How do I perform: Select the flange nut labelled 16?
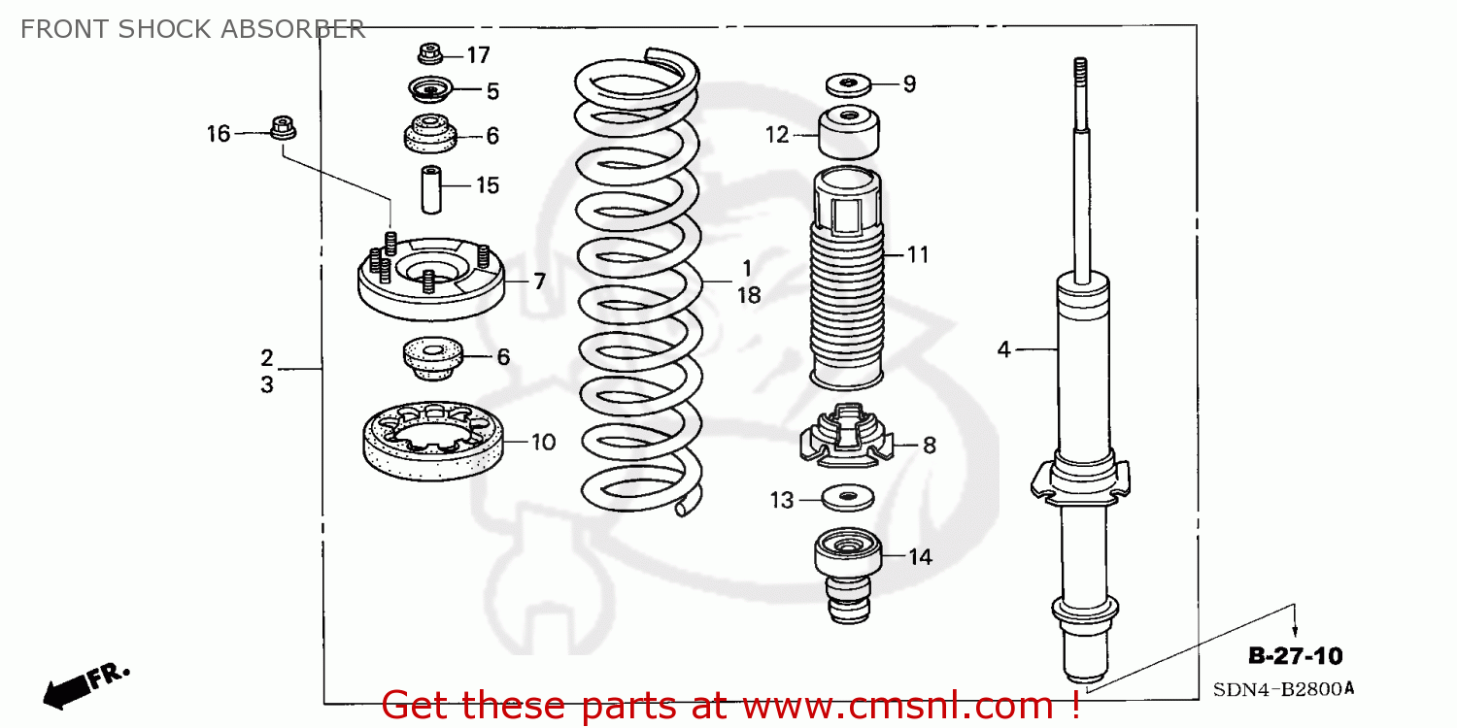pyautogui.click(x=282, y=127)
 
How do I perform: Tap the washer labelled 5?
pyautogui.click(x=428, y=90)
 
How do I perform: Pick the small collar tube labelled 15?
pyautogui.click(x=431, y=189)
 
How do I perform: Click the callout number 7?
pyautogui.click(x=538, y=282)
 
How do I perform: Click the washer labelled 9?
pyautogui.click(x=849, y=84)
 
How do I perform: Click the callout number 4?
pyautogui.click(x=1003, y=348)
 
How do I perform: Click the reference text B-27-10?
pyautogui.click(x=1295, y=657)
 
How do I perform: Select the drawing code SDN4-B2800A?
pyautogui.click(x=1282, y=689)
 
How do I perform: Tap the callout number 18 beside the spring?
pyautogui.click(x=748, y=296)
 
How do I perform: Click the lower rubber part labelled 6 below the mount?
pyautogui.click(x=430, y=360)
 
